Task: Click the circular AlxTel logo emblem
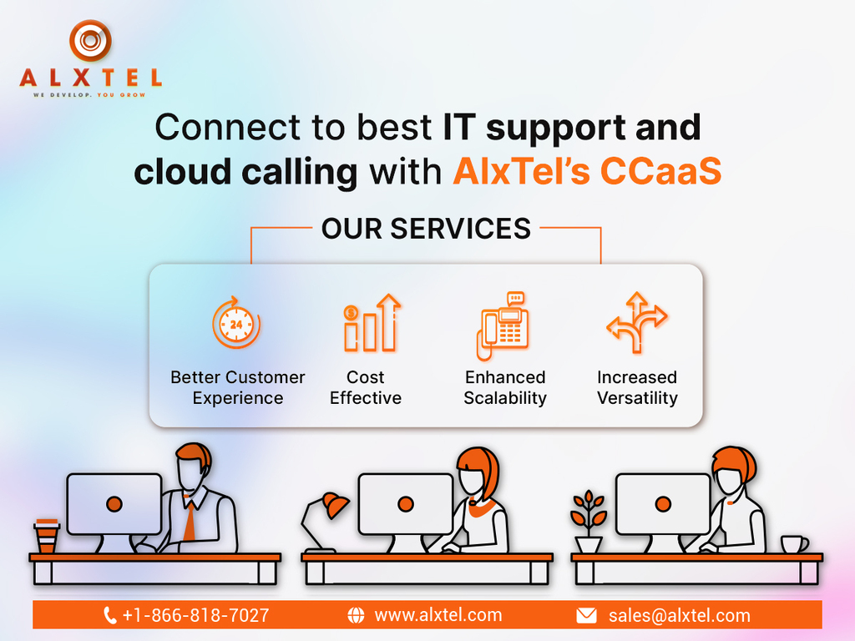[90, 40]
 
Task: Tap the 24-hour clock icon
[236, 323]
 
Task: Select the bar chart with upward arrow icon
[372, 323]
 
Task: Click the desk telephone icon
[503, 326]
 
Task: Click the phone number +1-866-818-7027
[195, 615]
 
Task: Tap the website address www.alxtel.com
[438, 615]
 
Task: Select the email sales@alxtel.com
[680, 615]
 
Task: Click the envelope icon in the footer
[586, 615]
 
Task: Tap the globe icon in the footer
[356, 615]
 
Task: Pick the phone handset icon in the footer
[109, 615]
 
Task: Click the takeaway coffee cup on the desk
[47, 537]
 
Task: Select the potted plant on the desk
[588, 521]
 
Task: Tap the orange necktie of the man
[190, 521]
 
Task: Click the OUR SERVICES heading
[426, 229]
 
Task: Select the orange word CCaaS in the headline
[661, 171]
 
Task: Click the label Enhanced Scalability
[505, 387]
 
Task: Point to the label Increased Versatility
[637, 387]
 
